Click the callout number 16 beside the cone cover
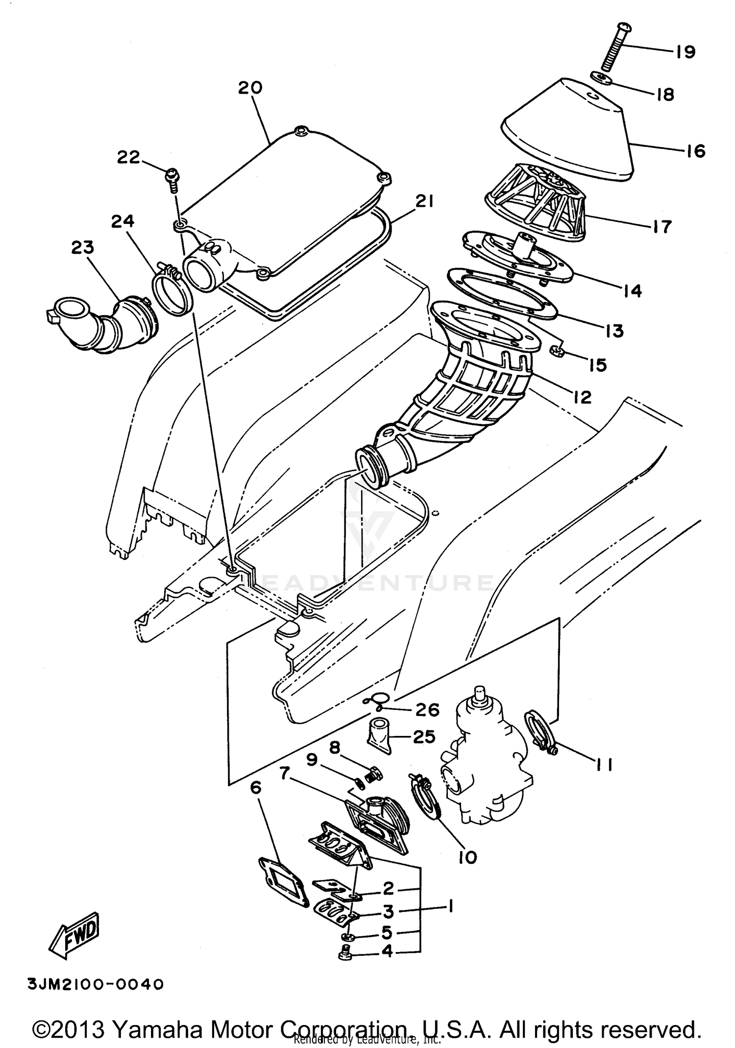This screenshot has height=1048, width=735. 695,151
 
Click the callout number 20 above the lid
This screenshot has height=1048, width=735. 250,88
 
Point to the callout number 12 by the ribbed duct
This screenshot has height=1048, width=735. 582,396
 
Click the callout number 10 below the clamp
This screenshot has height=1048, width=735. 467,857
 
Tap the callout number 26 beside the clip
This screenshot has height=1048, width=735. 427,709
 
